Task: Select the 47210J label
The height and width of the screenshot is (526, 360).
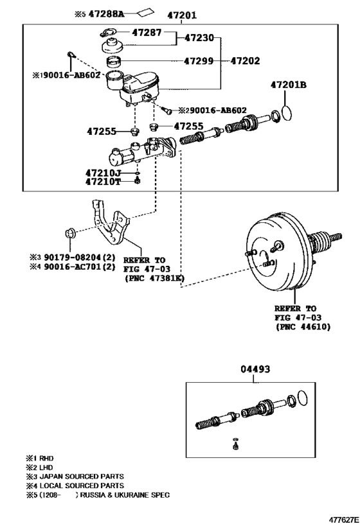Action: pos(102,173)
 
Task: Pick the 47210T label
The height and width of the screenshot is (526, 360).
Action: pos(102,182)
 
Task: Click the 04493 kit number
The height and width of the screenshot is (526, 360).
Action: pos(255,369)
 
